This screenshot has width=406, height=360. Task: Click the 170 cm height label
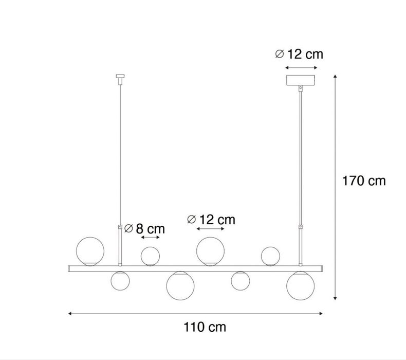(364, 181)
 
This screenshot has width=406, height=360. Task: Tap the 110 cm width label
(205, 327)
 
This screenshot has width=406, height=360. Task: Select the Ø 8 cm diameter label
(144, 228)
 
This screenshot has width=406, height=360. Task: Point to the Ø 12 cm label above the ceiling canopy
(299, 54)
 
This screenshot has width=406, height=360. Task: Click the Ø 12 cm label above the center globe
(211, 220)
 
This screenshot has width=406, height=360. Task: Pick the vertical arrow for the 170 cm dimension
(335, 187)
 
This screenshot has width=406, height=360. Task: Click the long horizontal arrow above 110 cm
(195, 314)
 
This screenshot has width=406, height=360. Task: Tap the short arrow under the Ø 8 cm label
(151, 238)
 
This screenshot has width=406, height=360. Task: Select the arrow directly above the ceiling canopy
(301, 68)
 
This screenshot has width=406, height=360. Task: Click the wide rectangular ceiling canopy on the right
(301, 80)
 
